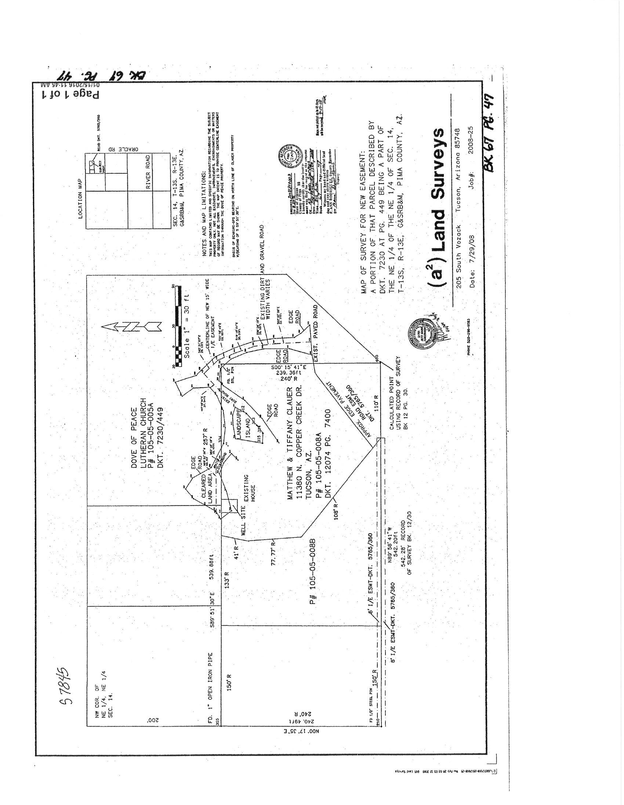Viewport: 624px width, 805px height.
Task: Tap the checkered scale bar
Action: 179,326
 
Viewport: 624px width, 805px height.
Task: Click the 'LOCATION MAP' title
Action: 81,199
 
